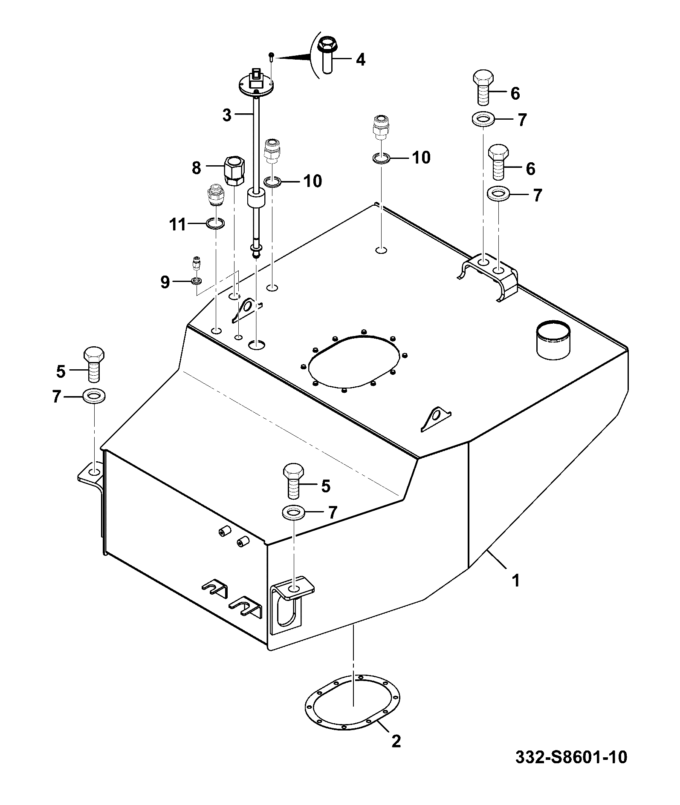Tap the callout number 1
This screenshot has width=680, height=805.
click(x=516, y=580)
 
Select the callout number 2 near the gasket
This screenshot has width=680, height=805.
click(x=396, y=742)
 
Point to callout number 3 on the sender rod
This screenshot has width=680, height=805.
click(x=227, y=115)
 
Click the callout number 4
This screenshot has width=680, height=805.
click(x=361, y=60)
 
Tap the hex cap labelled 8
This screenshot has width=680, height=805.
click(x=234, y=170)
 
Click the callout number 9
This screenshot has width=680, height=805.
click(x=165, y=282)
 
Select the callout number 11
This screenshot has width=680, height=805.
click(x=178, y=224)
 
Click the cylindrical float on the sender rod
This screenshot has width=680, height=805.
click(x=257, y=199)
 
